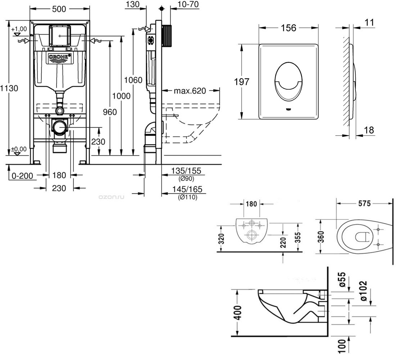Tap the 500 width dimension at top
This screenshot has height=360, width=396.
[59, 9]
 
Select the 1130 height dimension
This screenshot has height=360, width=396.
[9, 89]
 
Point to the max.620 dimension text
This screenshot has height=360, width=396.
[190, 91]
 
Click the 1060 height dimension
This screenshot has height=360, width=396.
[133, 80]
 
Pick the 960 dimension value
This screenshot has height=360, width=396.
[110, 112]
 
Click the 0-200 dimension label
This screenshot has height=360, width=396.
[22, 176]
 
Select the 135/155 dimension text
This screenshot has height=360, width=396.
[186, 171]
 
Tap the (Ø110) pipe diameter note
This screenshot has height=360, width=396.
[188, 197]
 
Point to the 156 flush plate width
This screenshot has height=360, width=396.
[288, 28]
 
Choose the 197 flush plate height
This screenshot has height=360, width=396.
[242, 82]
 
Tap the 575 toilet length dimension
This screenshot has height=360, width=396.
[364, 203]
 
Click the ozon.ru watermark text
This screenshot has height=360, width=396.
[111, 197]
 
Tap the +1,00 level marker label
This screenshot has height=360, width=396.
[19, 29]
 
